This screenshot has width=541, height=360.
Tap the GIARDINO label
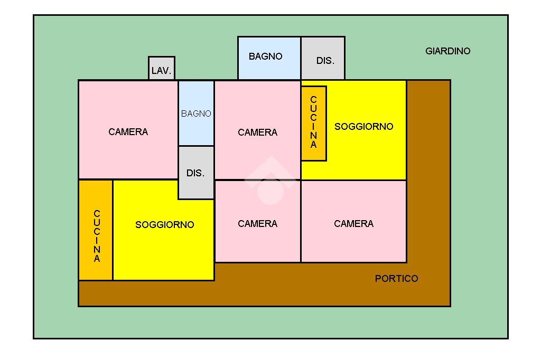pyautogui.click(x=447, y=51)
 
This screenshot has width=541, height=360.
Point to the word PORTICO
pyautogui.click(x=396, y=279)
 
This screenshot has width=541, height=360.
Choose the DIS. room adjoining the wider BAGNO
pyautogui.click(x=323, y=59)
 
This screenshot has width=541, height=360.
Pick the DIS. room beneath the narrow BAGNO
pyautogui.click(x=196, y=173)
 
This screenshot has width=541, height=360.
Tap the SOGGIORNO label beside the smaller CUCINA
pyautogui.click(x=364, y=127)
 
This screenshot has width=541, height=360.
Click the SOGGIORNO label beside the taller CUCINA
pyautogui.click(x=165, y=225)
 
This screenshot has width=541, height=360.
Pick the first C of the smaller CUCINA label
pyautogui.click(x=314, y=99)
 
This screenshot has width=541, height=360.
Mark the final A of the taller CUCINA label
pyautogui.click(x=97, y=259)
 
